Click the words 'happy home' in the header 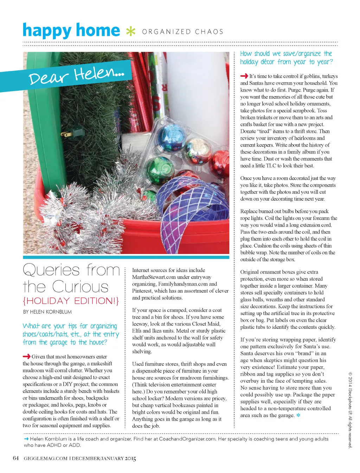[x=71, y=31]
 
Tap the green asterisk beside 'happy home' [x=130, y=31]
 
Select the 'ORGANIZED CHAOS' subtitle [x=182, y=32]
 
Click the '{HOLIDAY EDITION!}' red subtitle [x=71, y=301]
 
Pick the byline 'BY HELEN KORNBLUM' [x=47, y=312]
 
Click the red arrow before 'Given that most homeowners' [x=26, y=356]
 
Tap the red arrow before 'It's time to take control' [x=244, y=76]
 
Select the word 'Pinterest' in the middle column [x=142, y=291]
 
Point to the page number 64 [x=16, y=458]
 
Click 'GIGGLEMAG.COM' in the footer [x=46, y=458]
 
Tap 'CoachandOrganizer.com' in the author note [x=187, y=439]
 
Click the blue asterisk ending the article [x=298, y=415]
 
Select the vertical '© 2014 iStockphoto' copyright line [x=350, y=410]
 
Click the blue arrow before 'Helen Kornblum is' [x=26, y=439]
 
